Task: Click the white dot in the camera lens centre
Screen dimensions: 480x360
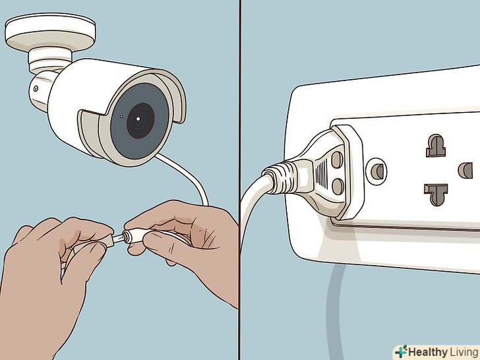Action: point(138,119)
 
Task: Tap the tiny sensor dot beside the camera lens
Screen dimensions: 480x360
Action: point(121,116)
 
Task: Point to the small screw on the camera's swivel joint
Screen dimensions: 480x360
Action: point(36,89)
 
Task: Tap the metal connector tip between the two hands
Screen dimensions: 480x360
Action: point(117,238)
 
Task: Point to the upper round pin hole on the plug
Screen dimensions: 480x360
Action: point(338,159)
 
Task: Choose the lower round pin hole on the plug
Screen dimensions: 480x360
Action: point(338,187)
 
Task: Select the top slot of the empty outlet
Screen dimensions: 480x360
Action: point(436,146)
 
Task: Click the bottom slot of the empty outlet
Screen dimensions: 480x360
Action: point(436,194)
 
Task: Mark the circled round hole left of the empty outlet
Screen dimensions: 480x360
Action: point(376,171)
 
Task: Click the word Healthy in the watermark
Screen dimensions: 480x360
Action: point(428,352)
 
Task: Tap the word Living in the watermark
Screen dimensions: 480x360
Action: point(464,352)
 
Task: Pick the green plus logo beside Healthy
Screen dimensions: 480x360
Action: point(401,352)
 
